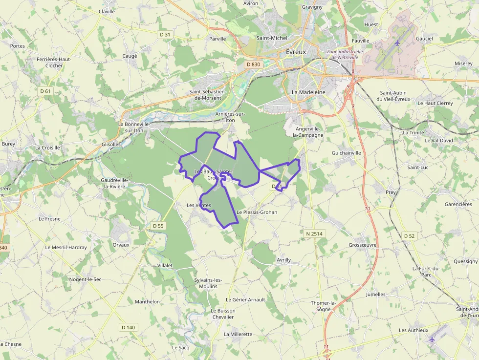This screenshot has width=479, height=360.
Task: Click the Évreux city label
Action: pyautogui.click(x=295, y=52)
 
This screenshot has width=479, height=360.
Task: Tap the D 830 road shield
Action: pyautogui.click(x=253, y=64)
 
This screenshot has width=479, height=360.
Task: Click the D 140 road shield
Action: pyautogui.click(x=128, y=327)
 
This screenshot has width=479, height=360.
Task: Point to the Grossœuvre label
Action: pyautogui.click(x=362, y=245)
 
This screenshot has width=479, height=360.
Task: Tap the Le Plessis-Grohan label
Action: pyautogui.click(x=257, y=212)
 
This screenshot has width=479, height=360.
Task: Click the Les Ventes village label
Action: pyautogui.click(x=198, y=205)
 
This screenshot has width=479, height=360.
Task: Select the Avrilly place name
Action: pyautogui.click(x=283, y=260)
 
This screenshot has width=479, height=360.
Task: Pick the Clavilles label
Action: pyautogui.click(x=107, y=11)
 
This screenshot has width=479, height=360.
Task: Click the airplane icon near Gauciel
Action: pyautogui.click(x=397, y=43)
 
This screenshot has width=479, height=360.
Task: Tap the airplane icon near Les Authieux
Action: pyautogui.click(x=431, y=339)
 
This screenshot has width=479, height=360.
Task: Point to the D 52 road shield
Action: pyautogui.click(x=409, y=235)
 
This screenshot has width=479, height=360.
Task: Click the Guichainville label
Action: pyautogui.click(x=346, y=153)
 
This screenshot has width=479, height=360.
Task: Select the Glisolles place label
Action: pyautogui.click(x=111, y=144)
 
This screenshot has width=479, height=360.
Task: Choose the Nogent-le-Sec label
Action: pyautogui.click(x=85, y=279)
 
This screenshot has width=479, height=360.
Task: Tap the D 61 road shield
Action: pyautogui.click(x=45, y=91)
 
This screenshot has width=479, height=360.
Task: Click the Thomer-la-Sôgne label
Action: pyautogui.click(x=323, y=306)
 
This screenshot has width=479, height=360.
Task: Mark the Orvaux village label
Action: pyautogui.click(x=121, y=245)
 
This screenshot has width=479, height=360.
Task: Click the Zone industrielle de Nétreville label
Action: pyautogui.click(x=345, y=54)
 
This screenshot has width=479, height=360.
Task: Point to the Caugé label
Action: pyautogui.click(x=130, y=56)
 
